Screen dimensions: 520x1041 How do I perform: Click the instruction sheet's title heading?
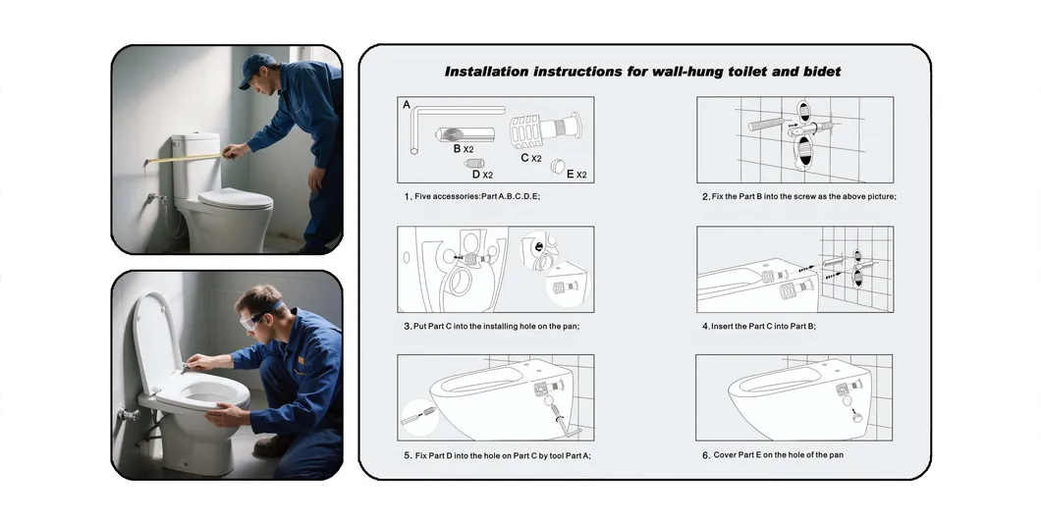pos(642,72)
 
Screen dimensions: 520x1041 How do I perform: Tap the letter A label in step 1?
pos(407,104)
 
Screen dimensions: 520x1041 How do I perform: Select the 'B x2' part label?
pos(464,149)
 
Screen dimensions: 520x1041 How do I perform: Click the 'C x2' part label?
pos(531,157)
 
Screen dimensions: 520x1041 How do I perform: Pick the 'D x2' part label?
pos(482,175)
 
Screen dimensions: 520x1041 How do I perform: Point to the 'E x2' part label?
pos(575,175)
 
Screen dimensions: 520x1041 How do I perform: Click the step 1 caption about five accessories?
pos(471,196)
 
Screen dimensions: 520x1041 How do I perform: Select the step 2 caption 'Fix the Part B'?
pos(797,196)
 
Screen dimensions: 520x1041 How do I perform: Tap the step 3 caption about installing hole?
pos(491,326)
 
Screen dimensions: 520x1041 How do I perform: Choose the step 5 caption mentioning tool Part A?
pos(497,455)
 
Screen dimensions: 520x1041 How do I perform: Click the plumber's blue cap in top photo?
pos(257,65)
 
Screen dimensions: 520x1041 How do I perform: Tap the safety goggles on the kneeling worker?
pos(256,316)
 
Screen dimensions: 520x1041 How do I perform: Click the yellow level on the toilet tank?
pos(187,153)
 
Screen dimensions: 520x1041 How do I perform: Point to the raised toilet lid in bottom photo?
pos(149,343)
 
